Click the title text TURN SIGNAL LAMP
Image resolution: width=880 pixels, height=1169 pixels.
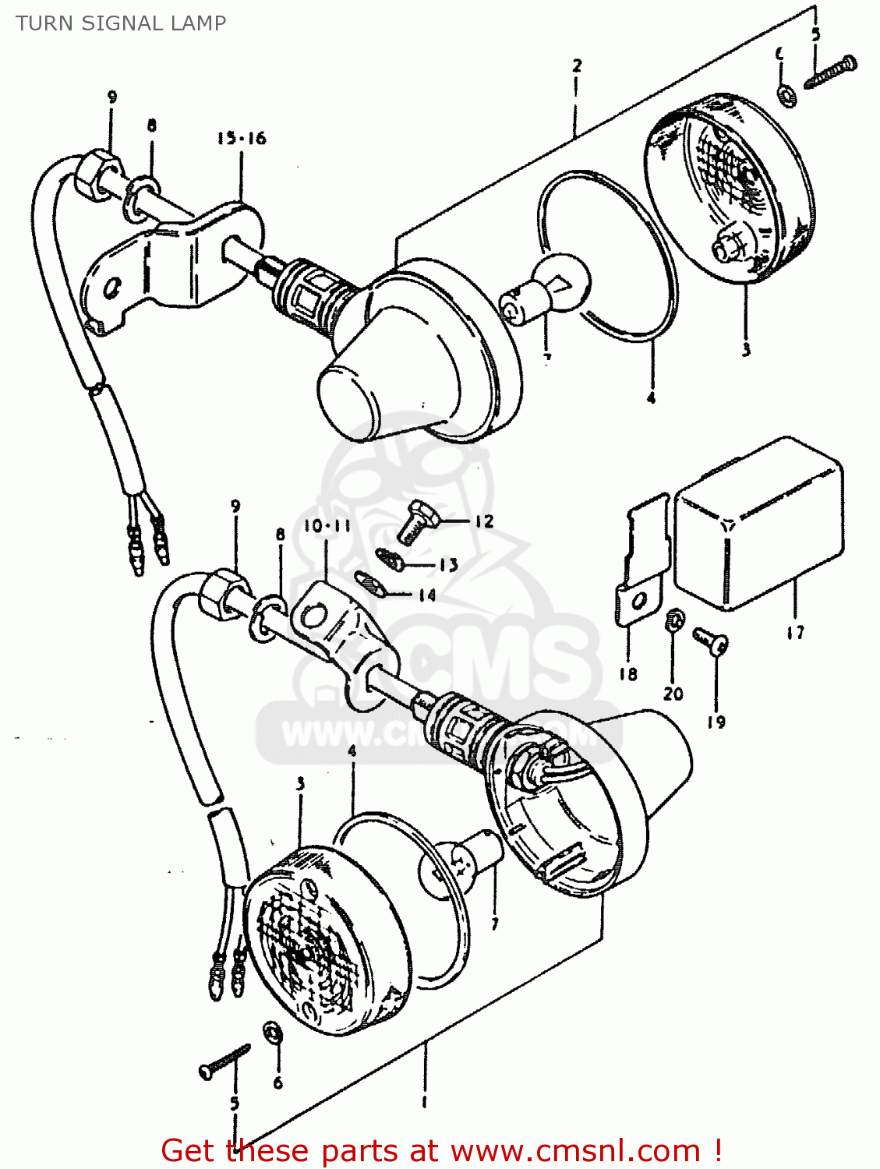[x=121, y=23]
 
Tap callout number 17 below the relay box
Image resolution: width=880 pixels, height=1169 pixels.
[x=795, y=632]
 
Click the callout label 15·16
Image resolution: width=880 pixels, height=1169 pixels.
[x=241, y=139]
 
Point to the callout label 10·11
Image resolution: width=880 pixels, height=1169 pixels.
[x=327, y=526]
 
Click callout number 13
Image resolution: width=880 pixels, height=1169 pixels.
[x=448, y=565]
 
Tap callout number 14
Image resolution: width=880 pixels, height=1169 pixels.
[x=426, y=595]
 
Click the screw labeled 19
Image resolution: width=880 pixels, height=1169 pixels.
[x=711, y=641]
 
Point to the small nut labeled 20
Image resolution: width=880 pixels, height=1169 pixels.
[x=673, y=621]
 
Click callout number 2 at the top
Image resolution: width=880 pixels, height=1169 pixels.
[x=576, y=65]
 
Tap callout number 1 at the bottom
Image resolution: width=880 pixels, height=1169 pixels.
[x=424, y=1102]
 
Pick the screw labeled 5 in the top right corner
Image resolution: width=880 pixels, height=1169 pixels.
[x=830, y=72]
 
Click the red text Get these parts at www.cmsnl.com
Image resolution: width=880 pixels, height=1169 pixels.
[x=440, y=1150]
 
